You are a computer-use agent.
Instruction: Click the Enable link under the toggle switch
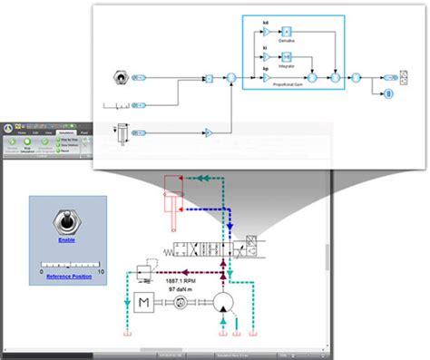(x=67, y=241)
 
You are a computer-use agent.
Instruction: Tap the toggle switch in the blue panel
(x=67, y=220)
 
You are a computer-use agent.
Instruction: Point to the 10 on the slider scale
(x=101, y=271)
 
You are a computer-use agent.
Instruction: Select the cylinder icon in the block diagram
(x=120, y=132)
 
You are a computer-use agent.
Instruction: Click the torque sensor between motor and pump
(x=181, y=307)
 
